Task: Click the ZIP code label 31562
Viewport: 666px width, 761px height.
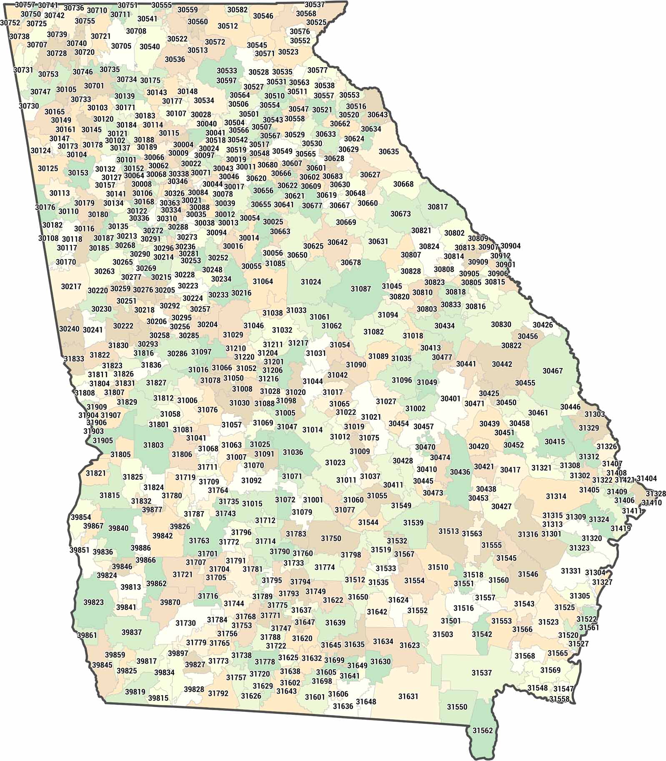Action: click(482, 731)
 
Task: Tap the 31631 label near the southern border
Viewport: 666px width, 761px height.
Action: click(408, 696)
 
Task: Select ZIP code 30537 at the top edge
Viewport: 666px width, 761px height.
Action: click(315, 5)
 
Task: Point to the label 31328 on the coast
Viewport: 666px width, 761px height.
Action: click(656, 494)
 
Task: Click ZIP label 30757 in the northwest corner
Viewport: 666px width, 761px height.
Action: click(25, 5)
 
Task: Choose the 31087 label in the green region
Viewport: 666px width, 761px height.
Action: click(361, 289)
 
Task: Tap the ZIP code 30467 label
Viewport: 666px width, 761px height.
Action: click(552, 370)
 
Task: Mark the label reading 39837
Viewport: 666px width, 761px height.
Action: click(132, 632)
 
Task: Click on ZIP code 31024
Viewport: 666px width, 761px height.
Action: click(311, 282)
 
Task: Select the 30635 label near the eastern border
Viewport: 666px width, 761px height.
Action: click(388, 151)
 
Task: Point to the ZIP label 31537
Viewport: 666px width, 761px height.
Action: click(482, 673)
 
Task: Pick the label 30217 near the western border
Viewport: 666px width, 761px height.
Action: click(71, 287)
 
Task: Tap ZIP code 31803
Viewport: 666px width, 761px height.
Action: click(153, 445)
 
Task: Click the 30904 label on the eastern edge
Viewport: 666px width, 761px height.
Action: click(510, 246)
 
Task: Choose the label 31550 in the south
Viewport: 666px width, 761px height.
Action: click(457, 707)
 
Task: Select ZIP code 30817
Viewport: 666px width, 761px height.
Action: click(438, 207)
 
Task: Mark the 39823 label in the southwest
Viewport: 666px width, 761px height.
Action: click(93, 602)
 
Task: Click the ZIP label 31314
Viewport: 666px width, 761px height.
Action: click(556, 496)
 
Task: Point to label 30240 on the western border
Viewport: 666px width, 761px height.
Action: click(69, 329)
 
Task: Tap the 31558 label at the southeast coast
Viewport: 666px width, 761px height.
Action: click(559, 699)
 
